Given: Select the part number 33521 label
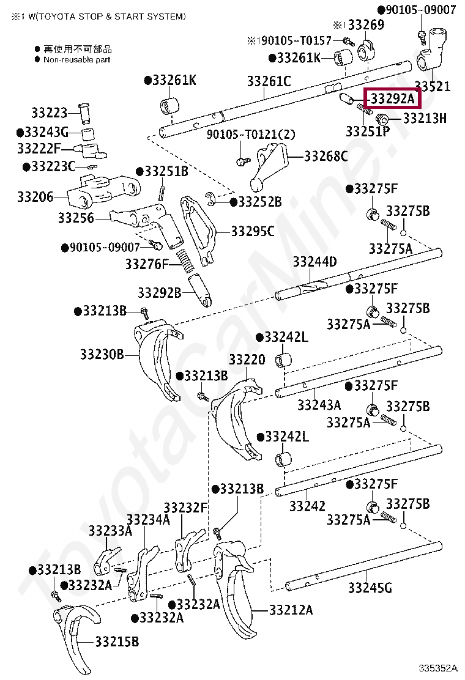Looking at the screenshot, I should [432, 87].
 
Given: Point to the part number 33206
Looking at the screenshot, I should [35, 197].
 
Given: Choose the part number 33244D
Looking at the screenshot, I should [314, 262].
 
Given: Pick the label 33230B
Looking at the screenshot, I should [102, 353].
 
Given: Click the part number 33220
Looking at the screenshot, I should [247, 359].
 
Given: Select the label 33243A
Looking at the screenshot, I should [319, 405].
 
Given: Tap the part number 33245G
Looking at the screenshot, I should [370, 588].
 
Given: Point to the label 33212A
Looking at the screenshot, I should [291, 610].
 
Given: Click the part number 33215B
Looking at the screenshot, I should [117, 641].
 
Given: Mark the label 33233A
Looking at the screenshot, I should [110, 530].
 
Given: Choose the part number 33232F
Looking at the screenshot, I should [186, 508].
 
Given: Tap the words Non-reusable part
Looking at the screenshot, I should [77, 60].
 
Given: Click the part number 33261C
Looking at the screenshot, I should [269, 81].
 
